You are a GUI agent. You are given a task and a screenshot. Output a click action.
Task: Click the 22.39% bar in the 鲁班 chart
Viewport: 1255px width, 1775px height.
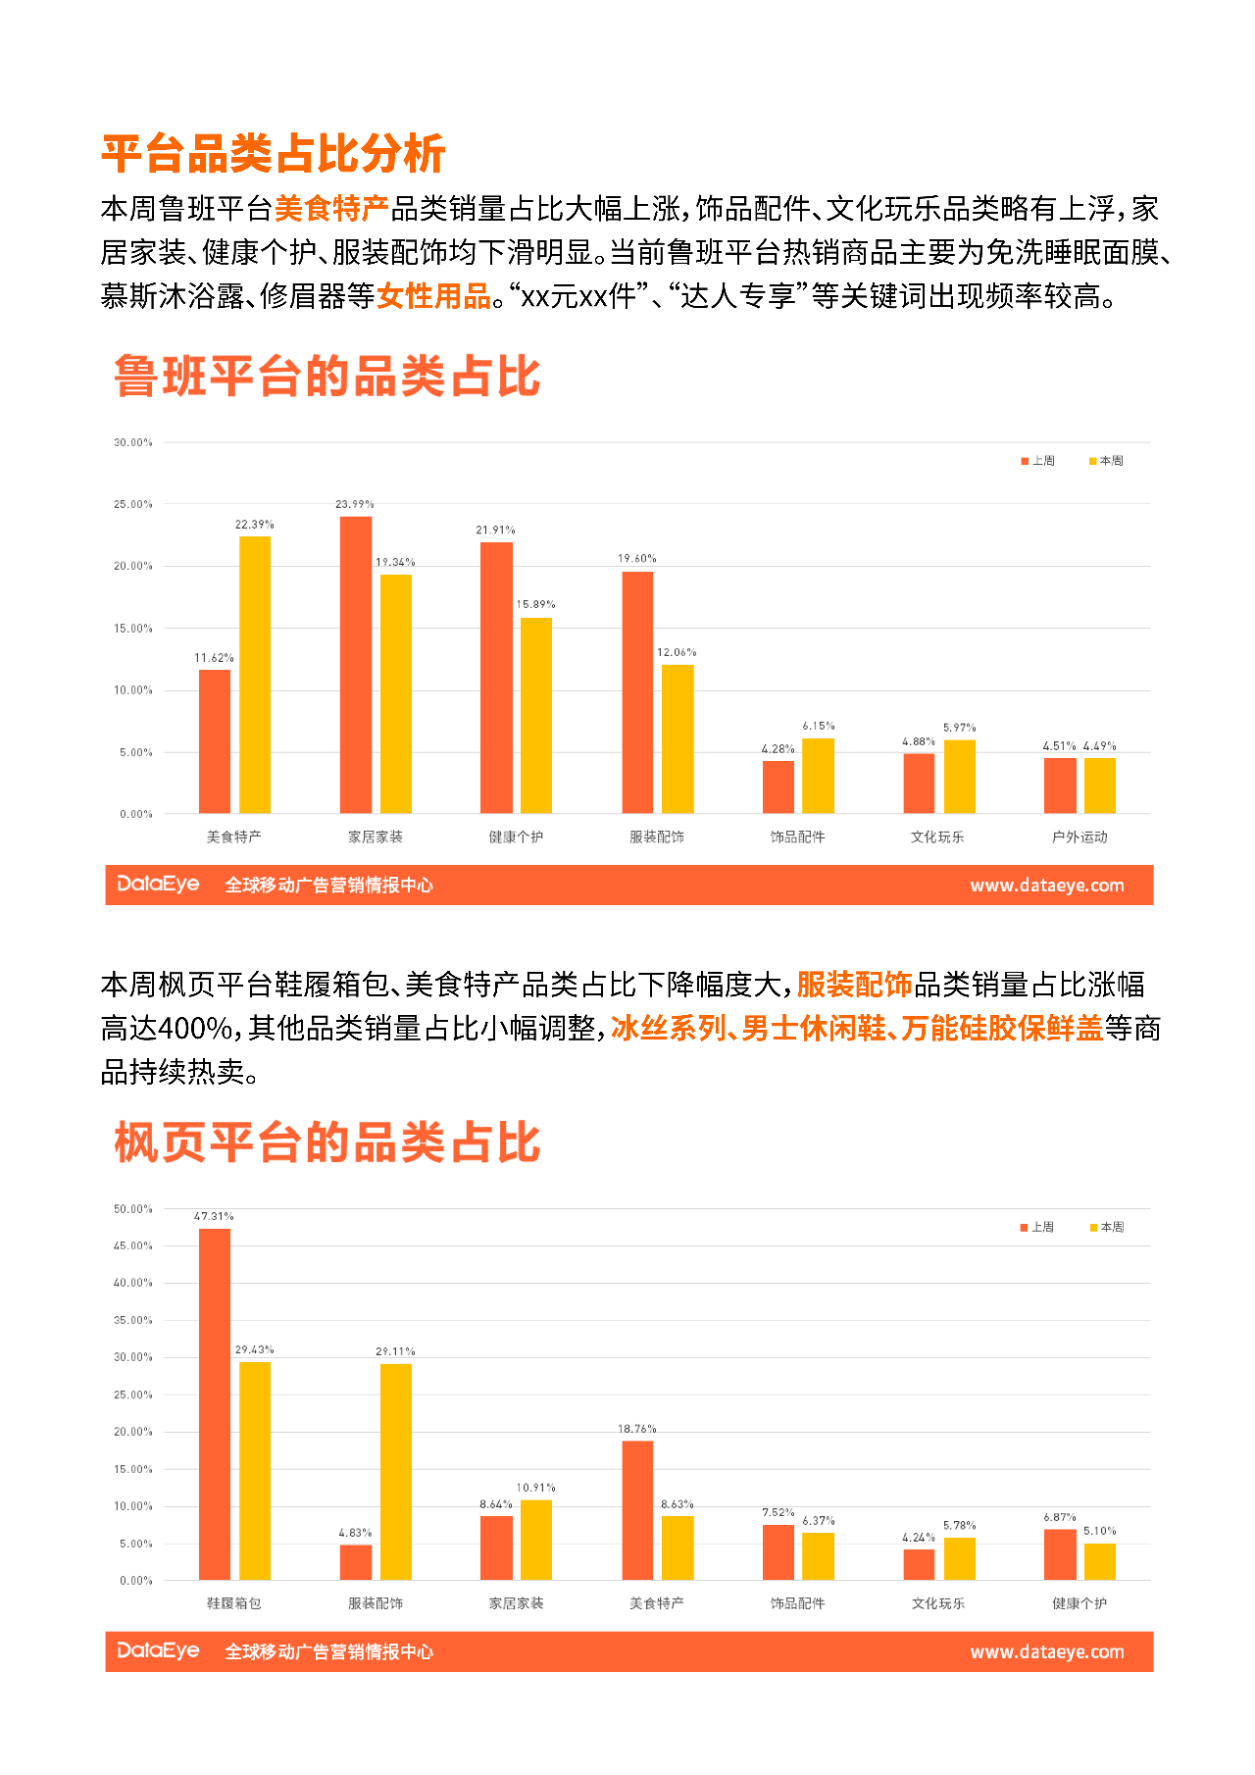(x=255, y=675)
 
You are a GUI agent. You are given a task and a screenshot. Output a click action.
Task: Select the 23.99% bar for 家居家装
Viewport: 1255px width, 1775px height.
(x=356, y=665)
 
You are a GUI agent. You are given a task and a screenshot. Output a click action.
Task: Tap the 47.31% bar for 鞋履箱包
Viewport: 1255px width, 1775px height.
(x=215, y=1403)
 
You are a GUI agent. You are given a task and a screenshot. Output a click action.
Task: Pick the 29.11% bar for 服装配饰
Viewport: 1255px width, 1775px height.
(x=396, y=1471)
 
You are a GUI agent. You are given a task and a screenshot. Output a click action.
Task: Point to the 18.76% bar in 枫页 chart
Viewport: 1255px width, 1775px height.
(x=637, y=1510)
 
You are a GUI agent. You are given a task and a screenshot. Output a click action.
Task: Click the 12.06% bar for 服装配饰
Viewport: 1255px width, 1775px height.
(x=678, y=739)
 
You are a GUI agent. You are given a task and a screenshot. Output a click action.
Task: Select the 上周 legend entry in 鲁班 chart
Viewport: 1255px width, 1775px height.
(x=1038, y=461)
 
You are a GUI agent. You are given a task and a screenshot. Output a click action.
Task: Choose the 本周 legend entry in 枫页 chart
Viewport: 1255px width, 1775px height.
(x=1107, y=1228)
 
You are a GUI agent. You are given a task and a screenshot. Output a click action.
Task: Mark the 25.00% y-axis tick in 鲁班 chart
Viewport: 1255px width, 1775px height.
(x=133, y=504)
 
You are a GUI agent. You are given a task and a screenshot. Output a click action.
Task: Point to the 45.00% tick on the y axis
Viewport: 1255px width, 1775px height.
(x=133, y=1246)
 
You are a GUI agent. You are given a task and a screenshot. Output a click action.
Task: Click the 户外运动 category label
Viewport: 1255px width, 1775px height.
(x=1079, y=837)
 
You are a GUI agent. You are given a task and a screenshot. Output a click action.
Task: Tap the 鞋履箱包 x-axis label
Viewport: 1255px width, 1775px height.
(x=234, y=1603)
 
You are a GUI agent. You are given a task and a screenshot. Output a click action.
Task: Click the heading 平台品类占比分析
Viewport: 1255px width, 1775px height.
(x=274, y=154)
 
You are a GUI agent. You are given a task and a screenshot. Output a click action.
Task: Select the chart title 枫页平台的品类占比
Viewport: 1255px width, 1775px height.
(x=327, y=1143)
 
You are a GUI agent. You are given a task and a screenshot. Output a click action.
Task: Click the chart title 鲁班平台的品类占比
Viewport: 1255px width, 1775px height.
(x=327, y=377)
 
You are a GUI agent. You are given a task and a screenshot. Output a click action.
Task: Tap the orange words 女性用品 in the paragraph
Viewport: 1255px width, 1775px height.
(x=434, y=296)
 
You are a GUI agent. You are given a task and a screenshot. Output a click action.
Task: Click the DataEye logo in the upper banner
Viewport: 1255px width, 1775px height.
(x=158, y=885)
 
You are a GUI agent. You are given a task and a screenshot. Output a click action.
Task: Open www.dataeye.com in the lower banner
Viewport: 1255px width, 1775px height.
(x=1047, y=1652)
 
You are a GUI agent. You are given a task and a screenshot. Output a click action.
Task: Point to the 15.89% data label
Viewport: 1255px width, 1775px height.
(x=535, y=604)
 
